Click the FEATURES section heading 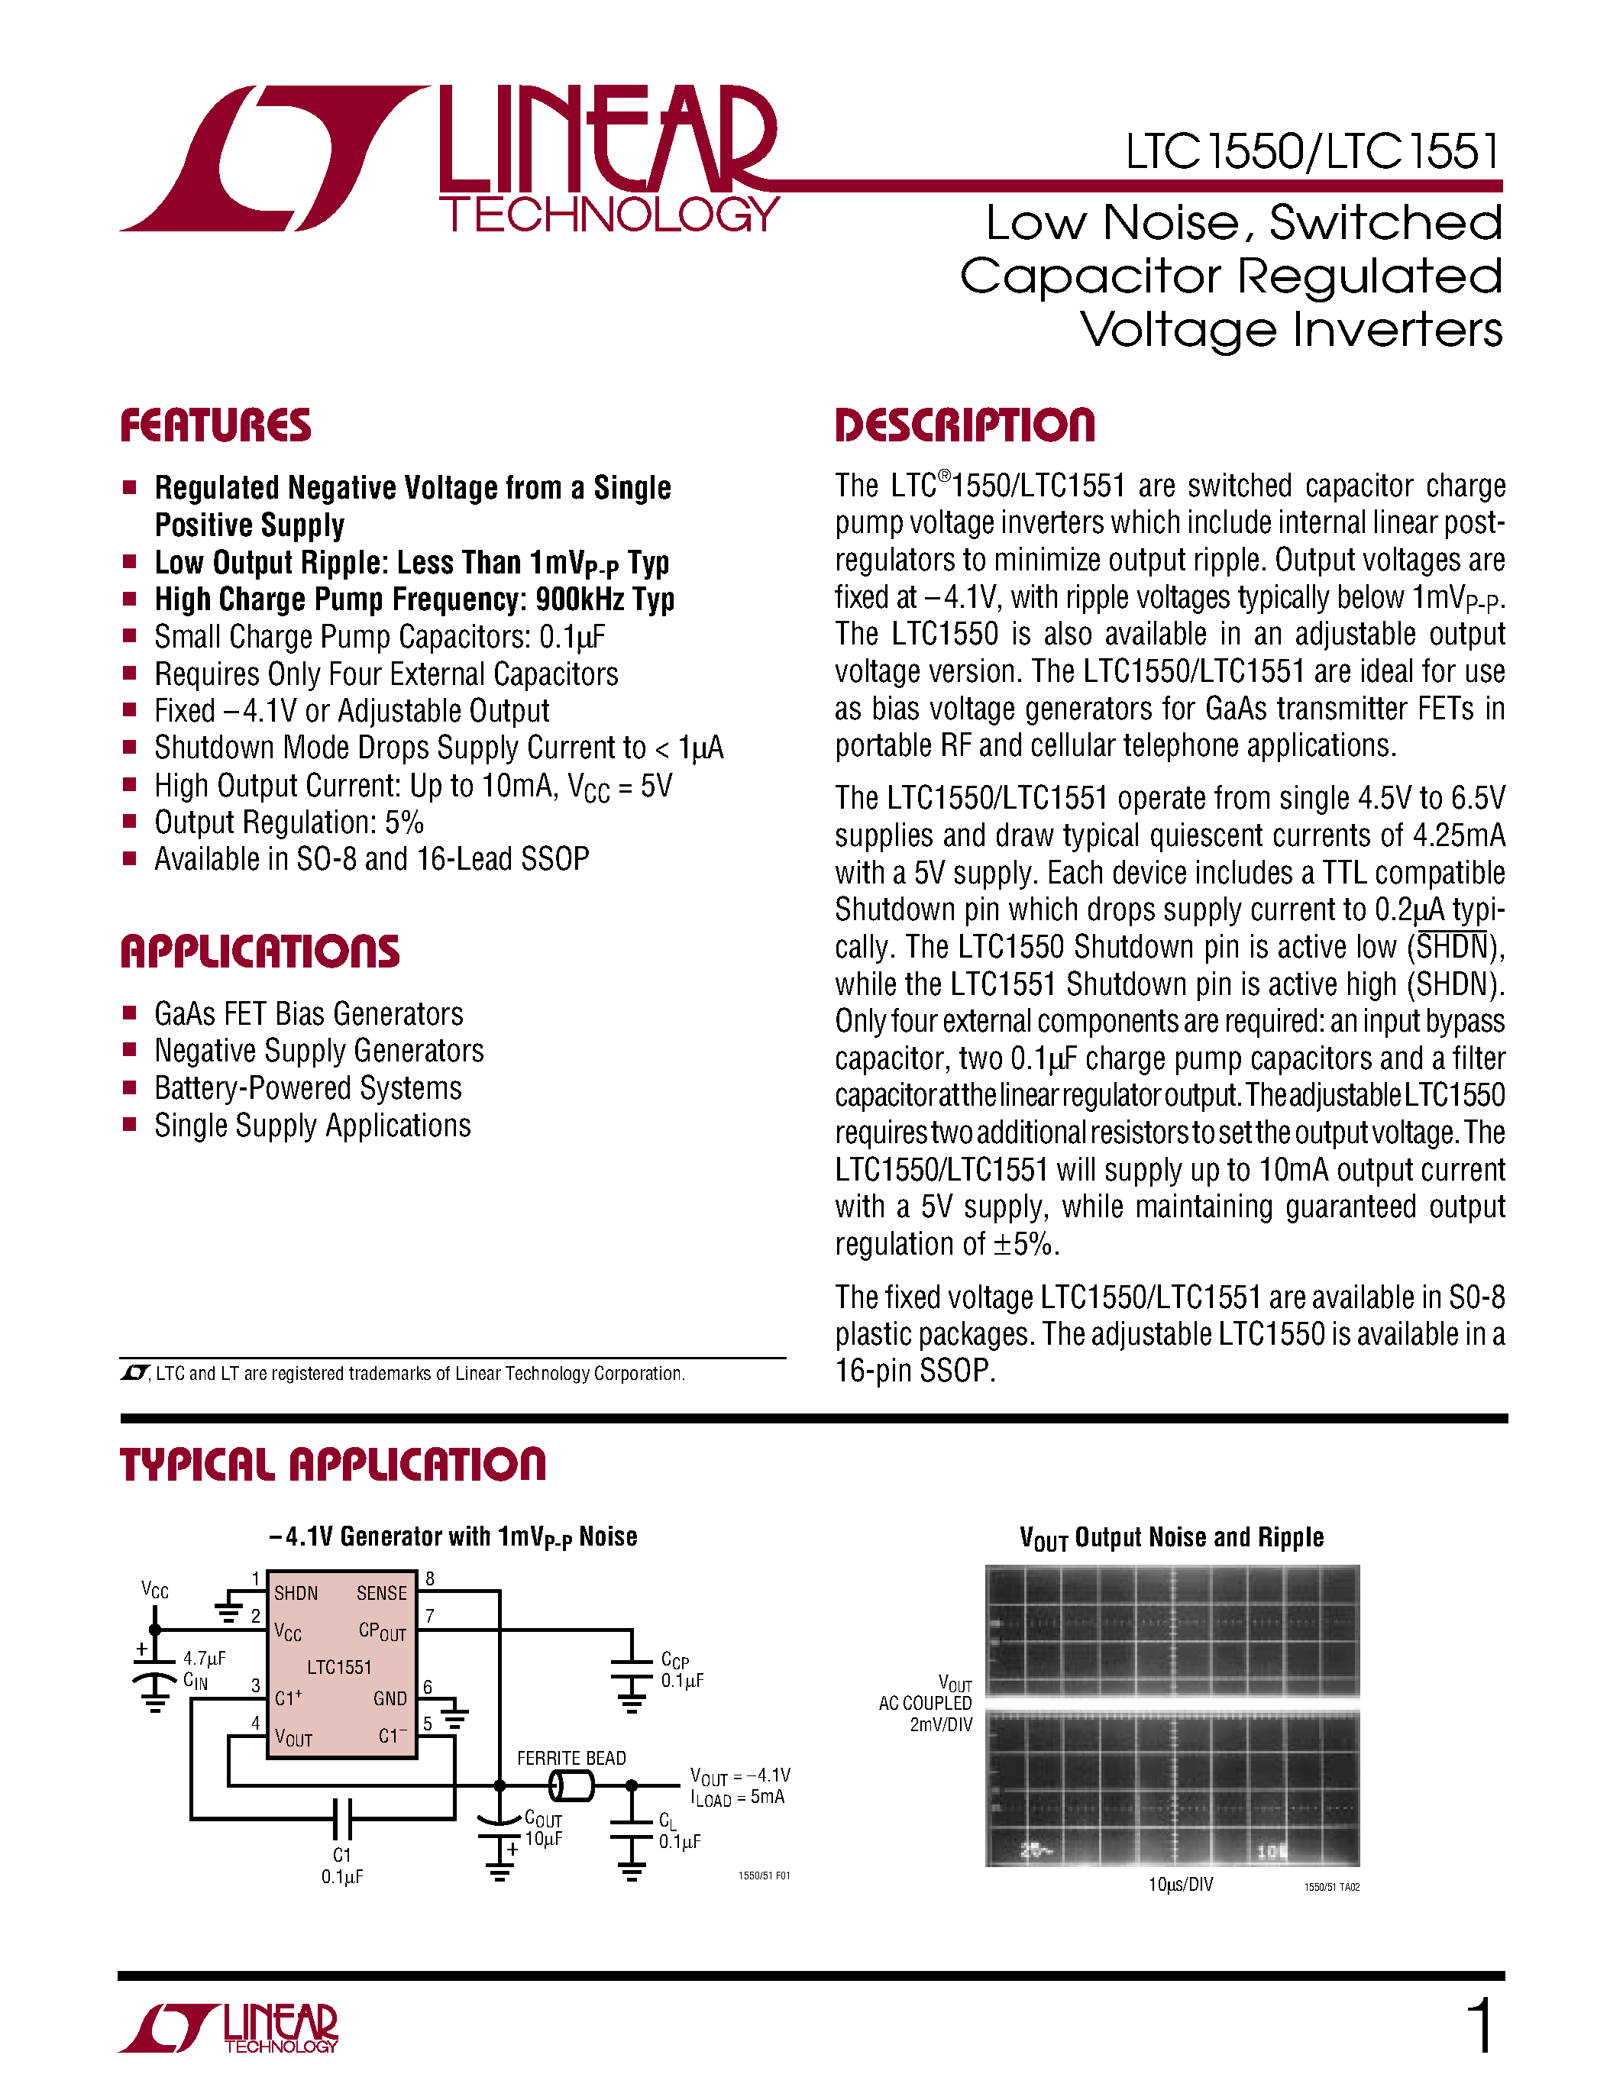[x=215, y=425]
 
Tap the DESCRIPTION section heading [x=965, y=425]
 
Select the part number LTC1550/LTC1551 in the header [x=1312, y=152]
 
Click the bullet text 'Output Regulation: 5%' [x=289, y=823]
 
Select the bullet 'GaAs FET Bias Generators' [x=309, y=1014]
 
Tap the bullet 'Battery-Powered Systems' [x=308, y=1088]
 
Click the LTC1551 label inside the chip [x=338, y=1666]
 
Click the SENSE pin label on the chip [x=382, y=1593]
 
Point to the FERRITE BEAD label [x=571, y=1758]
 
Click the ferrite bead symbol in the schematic [x=571, y=1787]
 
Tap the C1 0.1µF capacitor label [x=342, y=1866]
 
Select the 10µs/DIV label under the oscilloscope [x=1180, y=1885]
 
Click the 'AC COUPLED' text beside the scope [x=925, y=1703]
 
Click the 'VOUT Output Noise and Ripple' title [x=1171, y=1537]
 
